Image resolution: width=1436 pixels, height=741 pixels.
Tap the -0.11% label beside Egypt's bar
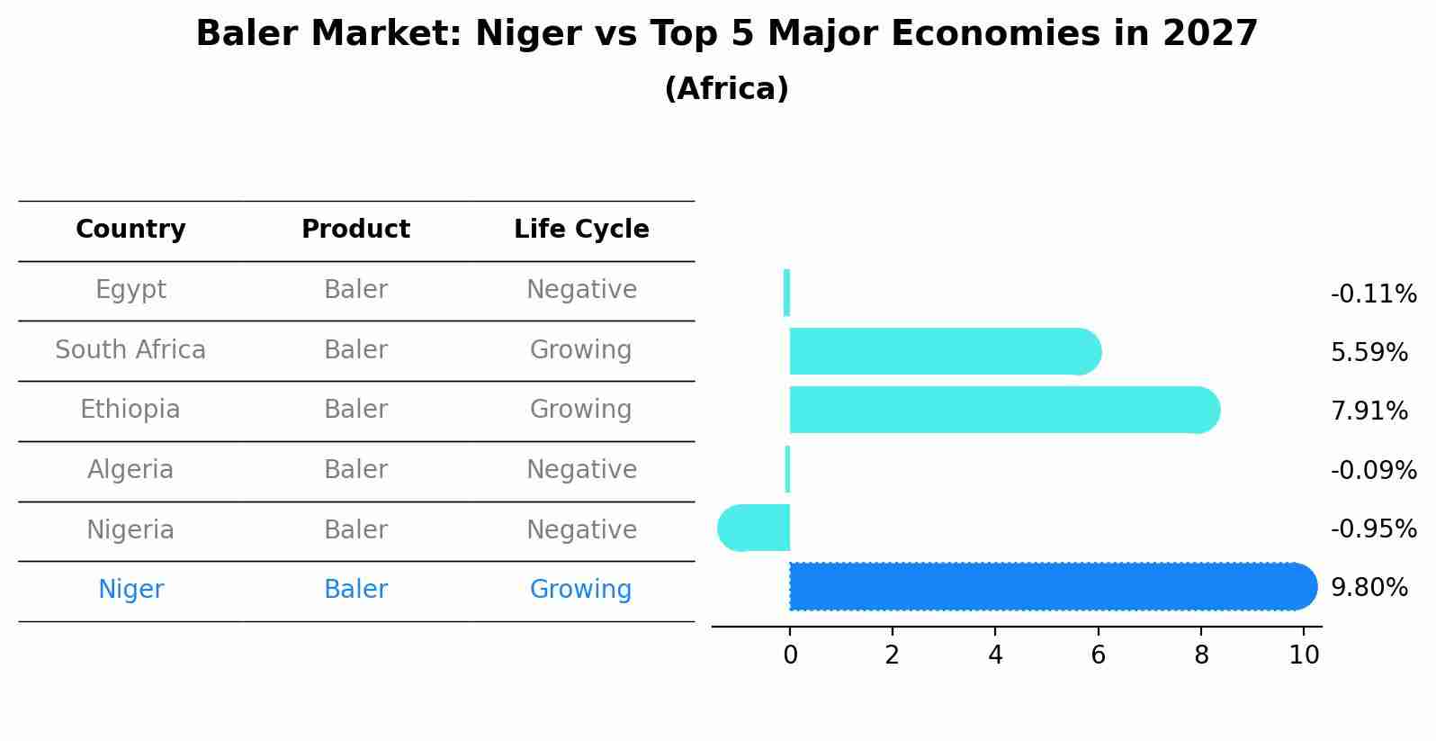tap(1373, 294)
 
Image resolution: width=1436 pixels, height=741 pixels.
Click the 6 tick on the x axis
tap(1098, 655)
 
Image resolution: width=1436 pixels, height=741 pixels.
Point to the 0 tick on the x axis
tap(790, 655)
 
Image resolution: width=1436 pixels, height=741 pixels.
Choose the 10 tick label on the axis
tap(1304, 655)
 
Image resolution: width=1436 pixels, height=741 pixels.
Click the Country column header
tap(130, 230)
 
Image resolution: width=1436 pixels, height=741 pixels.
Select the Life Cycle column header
tap(581, 230)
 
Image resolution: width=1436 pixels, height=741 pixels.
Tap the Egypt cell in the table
tap(130, 290)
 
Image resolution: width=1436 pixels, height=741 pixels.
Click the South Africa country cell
tap(130, 350)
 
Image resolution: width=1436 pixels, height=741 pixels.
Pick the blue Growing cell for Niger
tap(580, 590)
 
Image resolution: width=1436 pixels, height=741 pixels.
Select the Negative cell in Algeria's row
tap(581, 470)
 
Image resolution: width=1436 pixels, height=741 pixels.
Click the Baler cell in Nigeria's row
tap(355, 530)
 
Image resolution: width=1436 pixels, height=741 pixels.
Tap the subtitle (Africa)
tap(726, 89)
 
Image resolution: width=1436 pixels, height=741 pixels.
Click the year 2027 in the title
tap(1209, 34)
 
